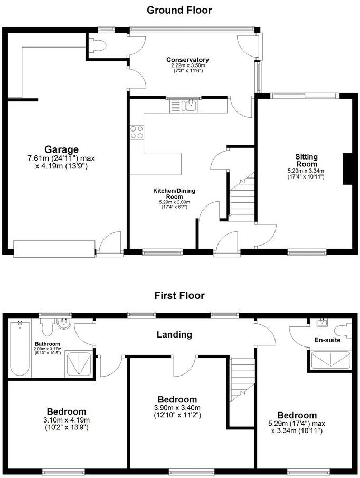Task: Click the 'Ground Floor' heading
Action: click(179, 10)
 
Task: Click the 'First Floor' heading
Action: click(179, 295)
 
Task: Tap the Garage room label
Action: click(61, 149)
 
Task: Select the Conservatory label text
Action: click(187, 60)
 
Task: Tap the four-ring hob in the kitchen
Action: click(137, 132)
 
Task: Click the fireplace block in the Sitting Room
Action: click(348, 169)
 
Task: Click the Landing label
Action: click(174, 334)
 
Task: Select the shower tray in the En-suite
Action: click(326, 360)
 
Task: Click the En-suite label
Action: click(325, 340)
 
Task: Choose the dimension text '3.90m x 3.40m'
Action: click(177, 408)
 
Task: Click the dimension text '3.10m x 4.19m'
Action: click(66, 420)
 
